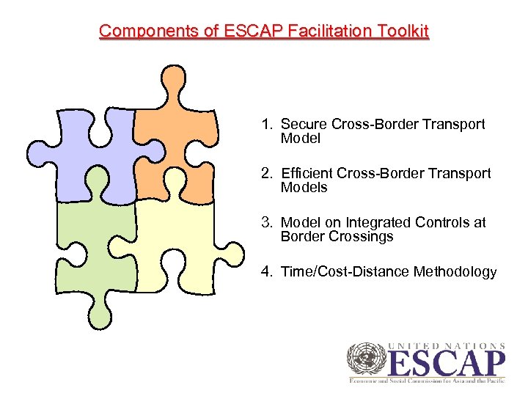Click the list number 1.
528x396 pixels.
click(265, 125)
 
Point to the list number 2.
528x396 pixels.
click(265, 174)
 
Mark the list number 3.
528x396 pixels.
click(265, 223)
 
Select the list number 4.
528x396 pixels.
click(265, 272)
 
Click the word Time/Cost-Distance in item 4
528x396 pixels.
click(345, 272)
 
